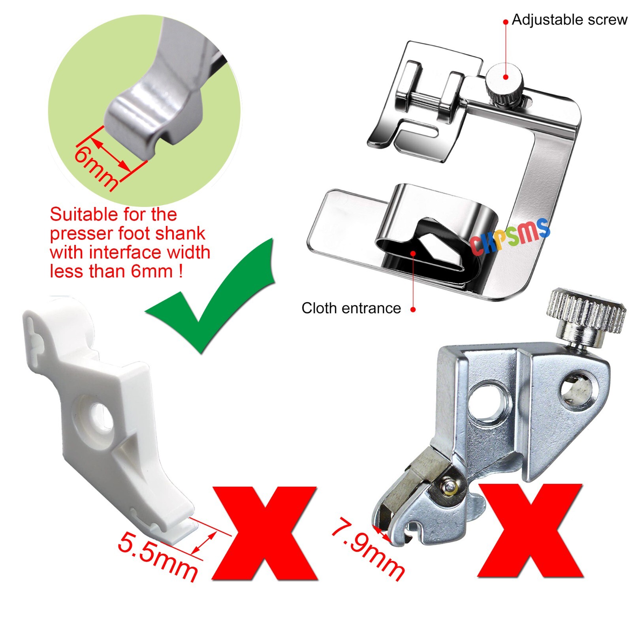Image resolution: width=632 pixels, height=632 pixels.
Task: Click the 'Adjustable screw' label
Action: click(x=569, y=20)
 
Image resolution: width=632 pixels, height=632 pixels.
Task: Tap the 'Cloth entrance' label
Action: click(x=351, y=308)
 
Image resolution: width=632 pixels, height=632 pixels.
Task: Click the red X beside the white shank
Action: click(x=265, y=533)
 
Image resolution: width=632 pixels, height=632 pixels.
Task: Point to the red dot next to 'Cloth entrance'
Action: click(x=413, y=310)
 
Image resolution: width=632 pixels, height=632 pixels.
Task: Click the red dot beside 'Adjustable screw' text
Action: click(x=506, y=22)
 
